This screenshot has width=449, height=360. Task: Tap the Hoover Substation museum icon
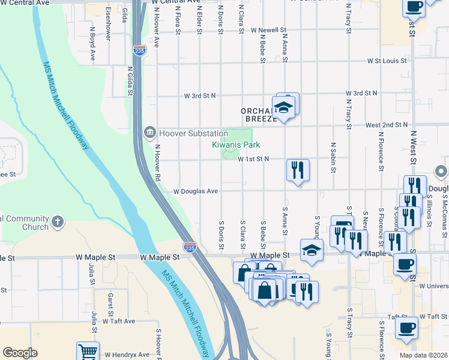pos(149,132)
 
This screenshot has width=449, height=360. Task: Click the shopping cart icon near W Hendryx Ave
pos(88,352)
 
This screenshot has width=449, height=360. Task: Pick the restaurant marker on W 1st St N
pos(298,169)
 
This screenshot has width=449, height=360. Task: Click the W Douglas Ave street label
pos(195,191)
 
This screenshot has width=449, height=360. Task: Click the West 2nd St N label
pos(386,125)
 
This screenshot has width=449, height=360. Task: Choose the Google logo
pos(20,352)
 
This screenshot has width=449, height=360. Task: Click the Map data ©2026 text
pos(423,355)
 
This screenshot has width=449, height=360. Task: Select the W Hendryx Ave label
pos(127,355)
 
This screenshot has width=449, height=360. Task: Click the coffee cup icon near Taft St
pos(406,328)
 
